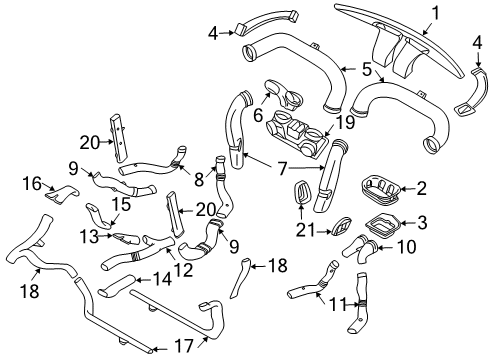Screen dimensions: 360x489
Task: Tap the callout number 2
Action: click(x=421, y=188)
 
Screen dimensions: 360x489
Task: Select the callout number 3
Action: click(x=421, y=223)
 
